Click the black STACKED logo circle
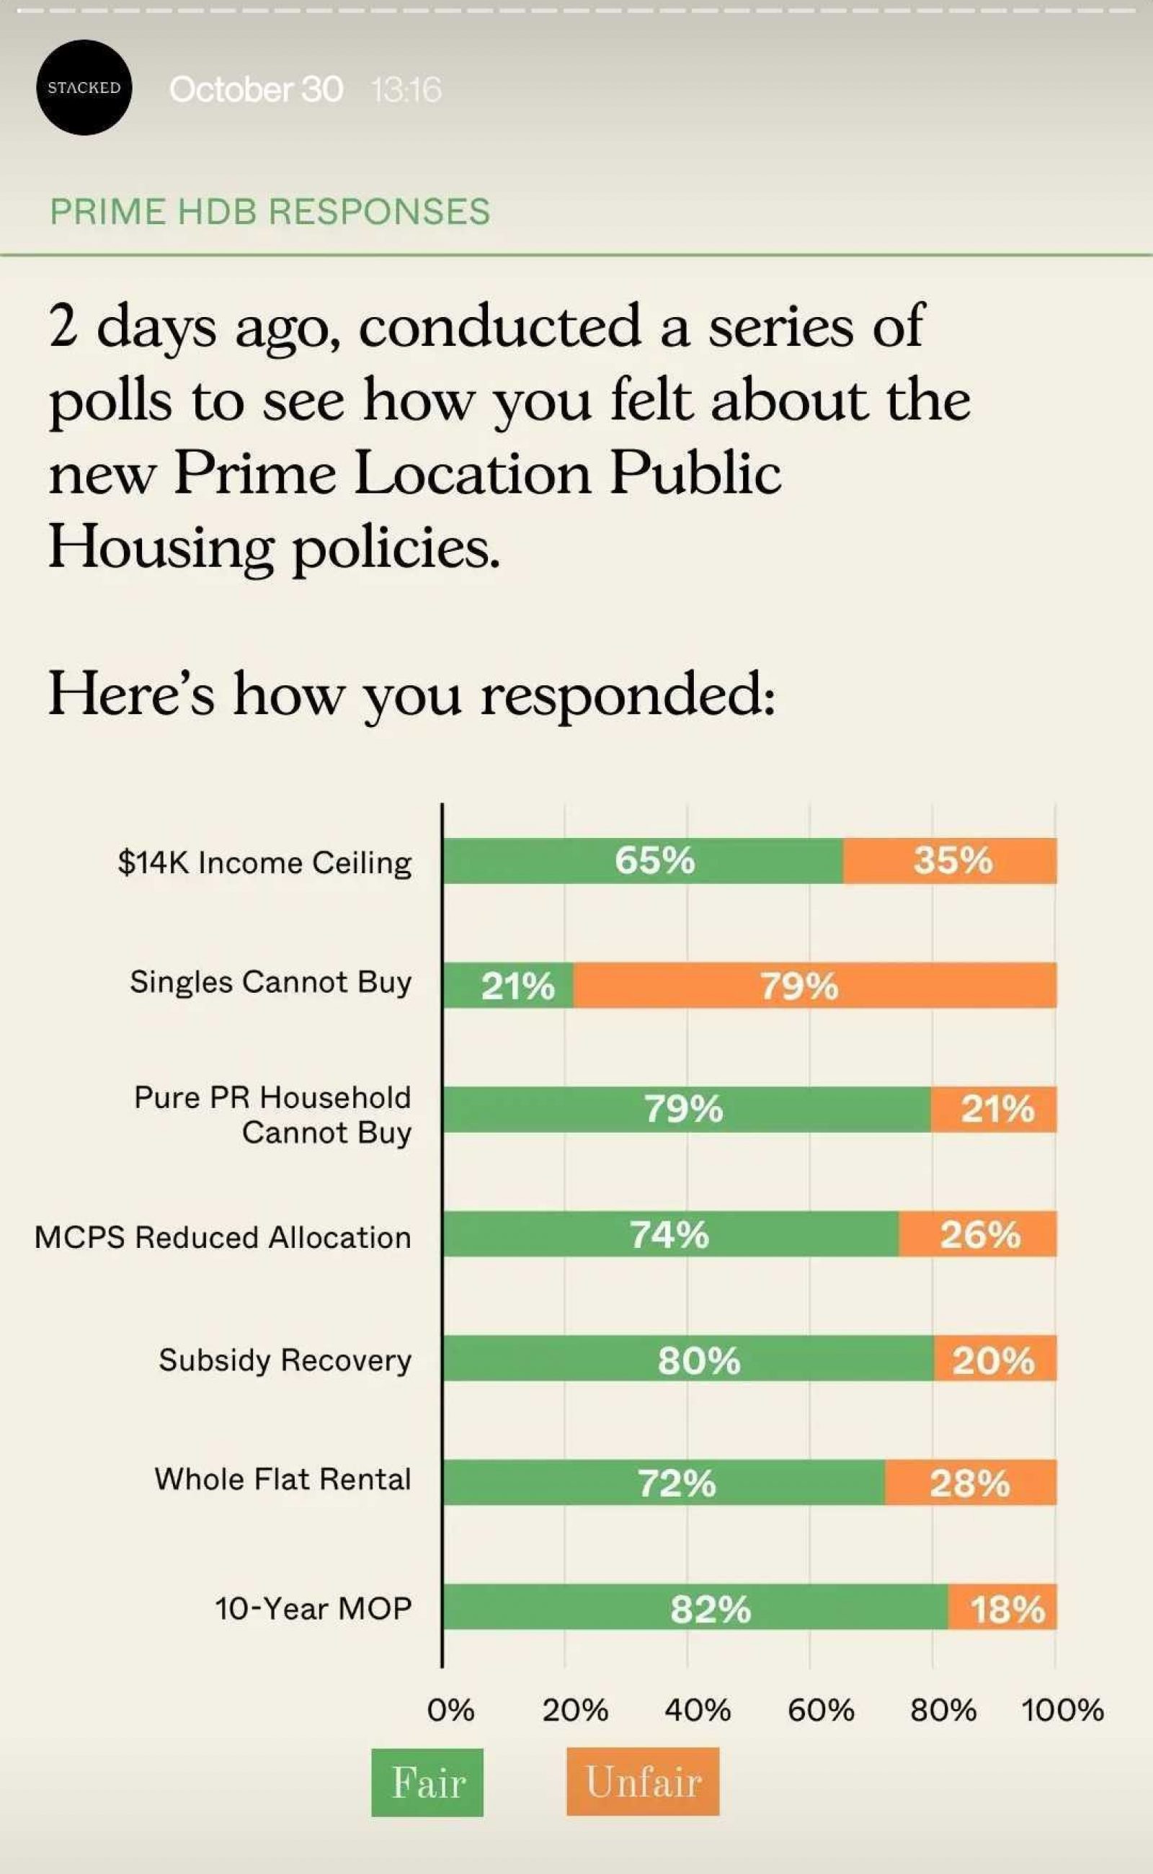click(84, 88)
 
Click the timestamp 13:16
click(406, 91)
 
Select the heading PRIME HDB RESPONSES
click(270, 211)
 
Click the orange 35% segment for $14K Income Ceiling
click(951, 861)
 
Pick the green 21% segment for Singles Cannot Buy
click(509, 986)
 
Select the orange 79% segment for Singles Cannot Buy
click(814, 986)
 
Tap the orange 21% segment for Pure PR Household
click(994, 1110)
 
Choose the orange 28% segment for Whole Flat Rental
click(970, 1482)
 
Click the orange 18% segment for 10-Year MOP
click(1003, 1607)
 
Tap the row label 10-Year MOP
click(313, 1607)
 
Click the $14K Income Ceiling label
click(264, 862)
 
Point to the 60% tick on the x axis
click(821, 1710)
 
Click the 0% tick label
click(450, 1710)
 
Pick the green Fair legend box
click(427, 1782)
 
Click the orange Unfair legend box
click(643, 1782)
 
